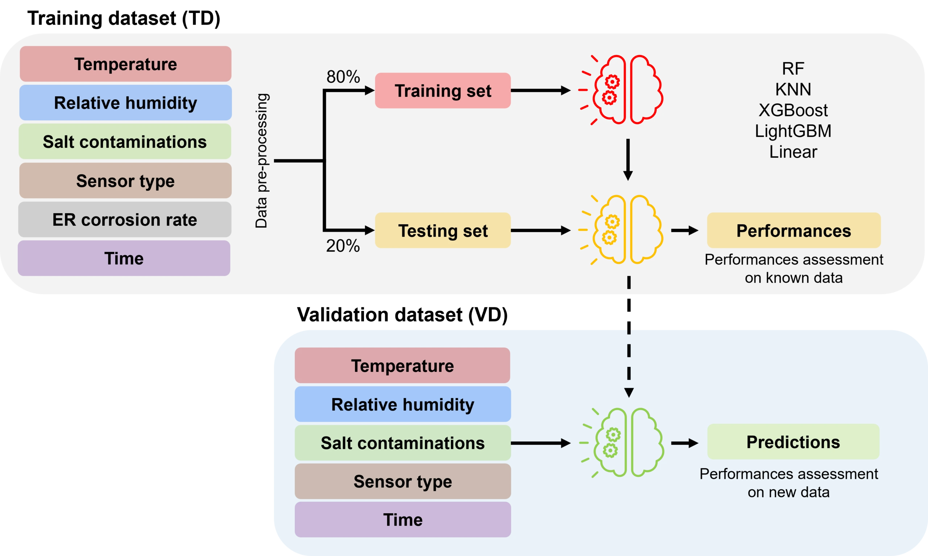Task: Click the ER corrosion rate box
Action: point(125,220)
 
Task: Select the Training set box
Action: point(443,91)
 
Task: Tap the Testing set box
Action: point(443,231)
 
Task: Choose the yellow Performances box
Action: point(794,231)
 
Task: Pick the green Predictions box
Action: point(794,442)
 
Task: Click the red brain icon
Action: point(621,90)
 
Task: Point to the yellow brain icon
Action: point(621,230)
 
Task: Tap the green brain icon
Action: point(622,443)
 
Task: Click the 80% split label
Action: point(343,77)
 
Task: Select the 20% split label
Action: point(343,246)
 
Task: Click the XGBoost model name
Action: point(793,110)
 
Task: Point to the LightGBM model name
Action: point(793,131)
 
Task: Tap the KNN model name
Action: point(793,90)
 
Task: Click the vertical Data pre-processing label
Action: point(261,161)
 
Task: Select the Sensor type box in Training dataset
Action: point(125,181)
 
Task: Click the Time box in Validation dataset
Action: point(403,520)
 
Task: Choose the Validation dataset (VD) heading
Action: point(402,315)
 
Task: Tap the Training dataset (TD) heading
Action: point(124,18)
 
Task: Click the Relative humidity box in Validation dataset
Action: point(403,404)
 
